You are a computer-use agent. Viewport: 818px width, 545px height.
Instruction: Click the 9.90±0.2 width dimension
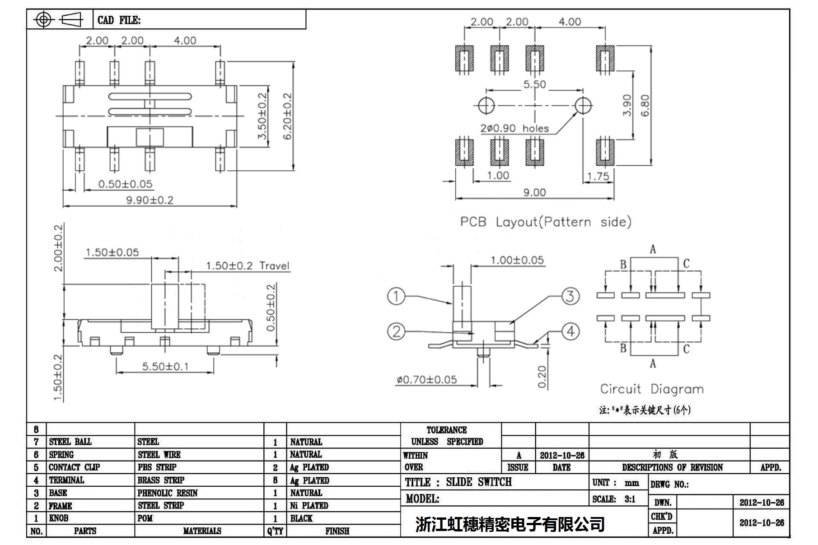[x=150, y=200]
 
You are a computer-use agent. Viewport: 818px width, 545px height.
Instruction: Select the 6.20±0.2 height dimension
[x=287, y=116]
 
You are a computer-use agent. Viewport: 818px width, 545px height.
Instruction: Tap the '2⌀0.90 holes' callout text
[x=514, y=128]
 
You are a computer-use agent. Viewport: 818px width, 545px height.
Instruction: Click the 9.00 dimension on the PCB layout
[x=534, y=192]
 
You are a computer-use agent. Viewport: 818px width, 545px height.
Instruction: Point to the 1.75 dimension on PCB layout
[x=598, y=176]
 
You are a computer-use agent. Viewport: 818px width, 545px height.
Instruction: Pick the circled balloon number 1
[x=396, y=296]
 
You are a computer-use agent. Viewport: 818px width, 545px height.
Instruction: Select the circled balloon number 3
[x=570, y=296]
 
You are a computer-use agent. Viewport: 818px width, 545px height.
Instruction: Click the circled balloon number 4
[x=570, y=331]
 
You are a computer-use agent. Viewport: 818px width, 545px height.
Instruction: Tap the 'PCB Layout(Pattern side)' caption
[x=545, y=222]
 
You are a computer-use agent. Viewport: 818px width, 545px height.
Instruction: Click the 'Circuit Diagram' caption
[x=651, y=389]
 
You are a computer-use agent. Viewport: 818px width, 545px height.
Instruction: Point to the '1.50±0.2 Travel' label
[x=248, y=266]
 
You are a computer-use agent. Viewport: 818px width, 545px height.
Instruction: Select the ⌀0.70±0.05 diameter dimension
[x=426, y=380]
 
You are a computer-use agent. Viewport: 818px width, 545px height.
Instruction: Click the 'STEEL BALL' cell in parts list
[x=70, y=442]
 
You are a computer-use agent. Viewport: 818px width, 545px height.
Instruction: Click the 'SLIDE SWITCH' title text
[x=478, y=482]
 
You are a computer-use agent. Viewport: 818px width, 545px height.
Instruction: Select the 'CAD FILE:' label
[x=119, y=20]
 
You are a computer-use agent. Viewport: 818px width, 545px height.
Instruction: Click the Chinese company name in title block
[x=509, y=524]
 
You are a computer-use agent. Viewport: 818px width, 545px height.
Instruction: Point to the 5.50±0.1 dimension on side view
[x=165, y=366]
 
